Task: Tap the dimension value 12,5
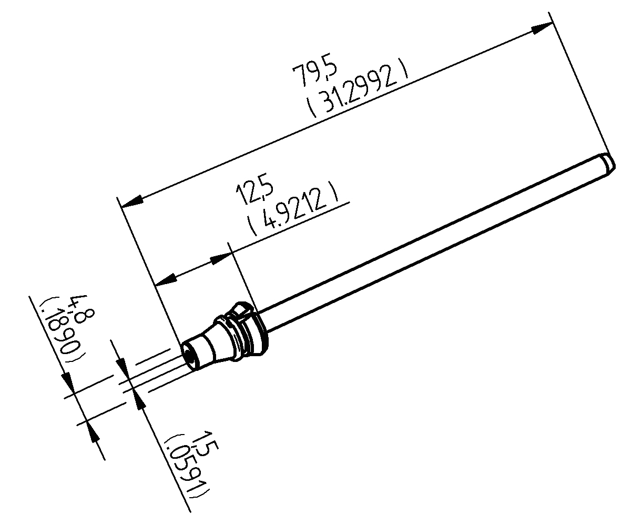pyautogui.click(x=254, y=192)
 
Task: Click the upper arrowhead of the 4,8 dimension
pyautogui.click(x=67, y=381)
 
